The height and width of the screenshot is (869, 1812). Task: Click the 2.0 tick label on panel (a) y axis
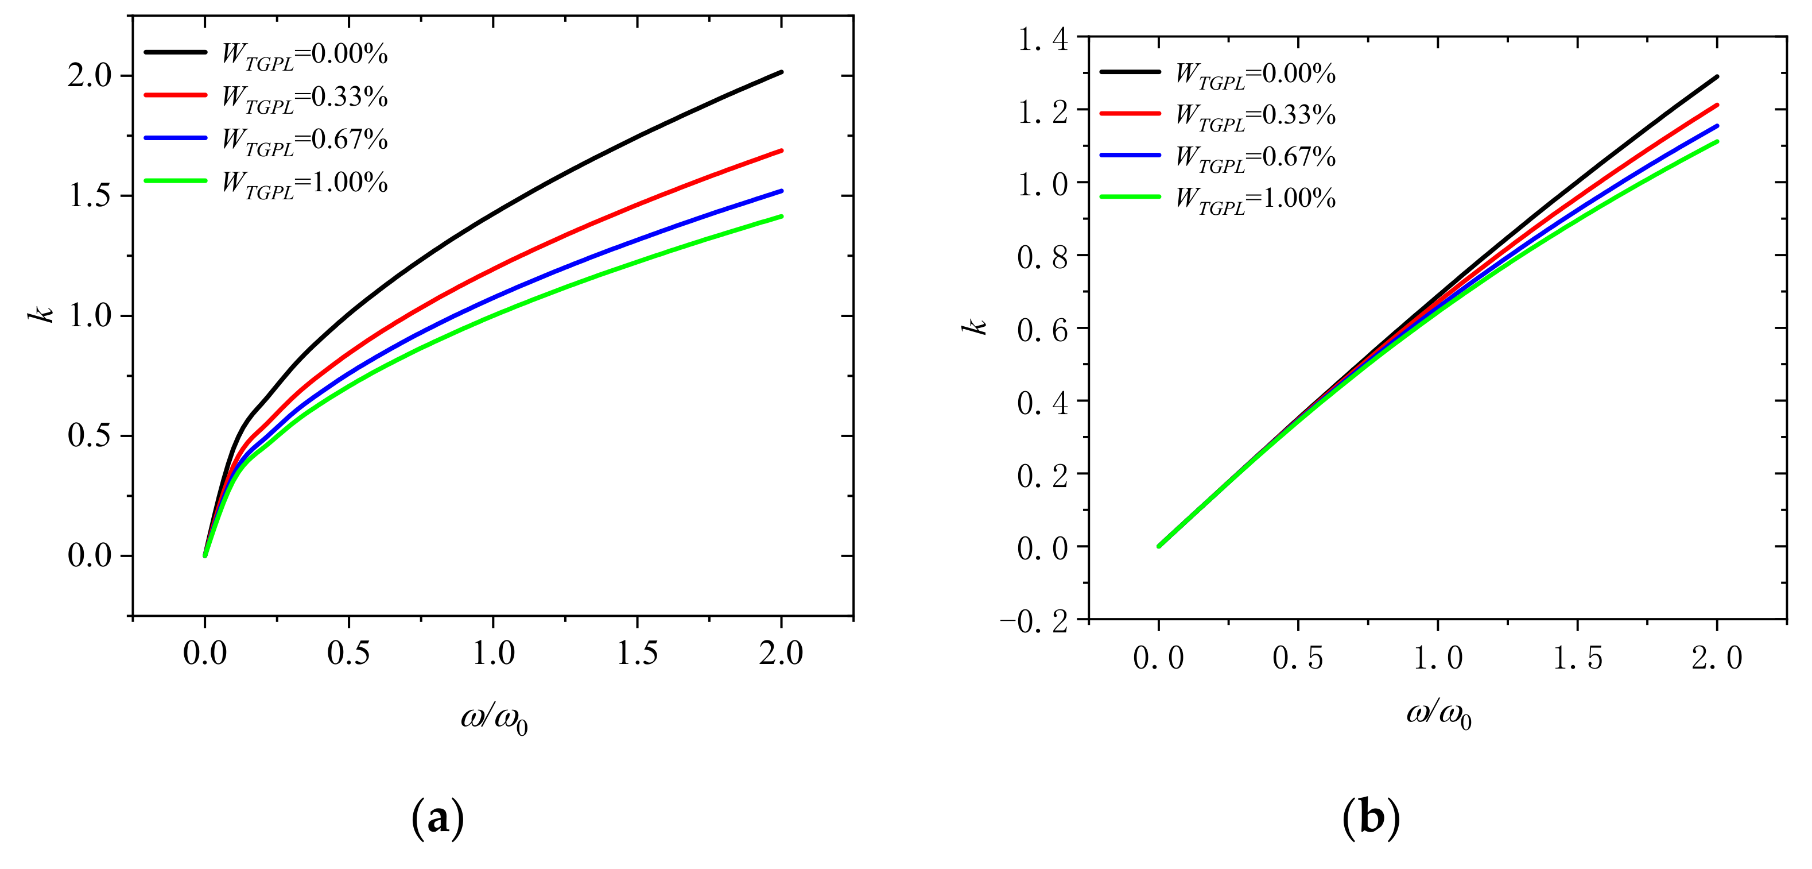point(90,75)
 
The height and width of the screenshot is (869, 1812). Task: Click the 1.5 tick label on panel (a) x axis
point(637,653)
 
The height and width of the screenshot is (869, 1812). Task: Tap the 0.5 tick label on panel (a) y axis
point(90,435)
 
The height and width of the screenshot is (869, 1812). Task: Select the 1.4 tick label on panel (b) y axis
point(1043,38)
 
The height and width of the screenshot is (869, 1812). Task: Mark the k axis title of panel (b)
point(975,326)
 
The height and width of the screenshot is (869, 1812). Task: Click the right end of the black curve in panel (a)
point(781,72)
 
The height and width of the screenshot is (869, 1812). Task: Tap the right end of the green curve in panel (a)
point(781,217)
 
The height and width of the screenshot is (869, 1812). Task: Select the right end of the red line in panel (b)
point(1717,106)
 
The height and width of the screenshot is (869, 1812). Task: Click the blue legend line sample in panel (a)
point(176,138)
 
